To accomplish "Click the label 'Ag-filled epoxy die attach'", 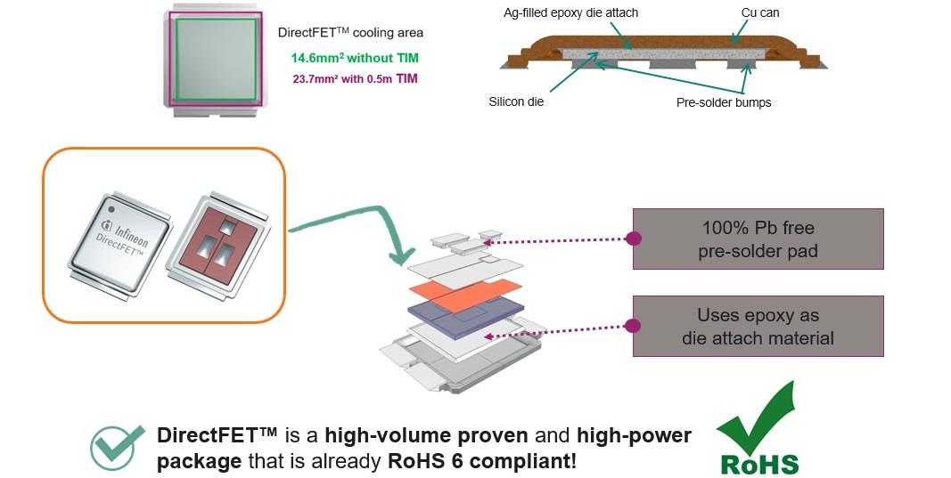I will click(x=570, y=13).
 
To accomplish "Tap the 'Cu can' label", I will click(x=760, y=13).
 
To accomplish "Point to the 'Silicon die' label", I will click(x=516, y=101).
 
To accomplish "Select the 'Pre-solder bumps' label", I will click(x=724, y=102).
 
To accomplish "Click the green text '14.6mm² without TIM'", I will click(x=354, y=59).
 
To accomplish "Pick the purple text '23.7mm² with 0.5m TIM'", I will click(x=356, y=78).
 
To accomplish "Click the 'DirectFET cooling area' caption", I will click(x=350, y=33).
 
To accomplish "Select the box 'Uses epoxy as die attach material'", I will click(x=758, y=326).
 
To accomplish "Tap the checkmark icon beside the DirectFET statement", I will click(x=117, y=446).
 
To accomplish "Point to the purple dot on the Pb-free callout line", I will click(x=634, y=239).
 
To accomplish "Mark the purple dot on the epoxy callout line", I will click(x=634, y=326).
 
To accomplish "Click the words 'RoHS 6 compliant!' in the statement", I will click(x=481, y=463).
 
